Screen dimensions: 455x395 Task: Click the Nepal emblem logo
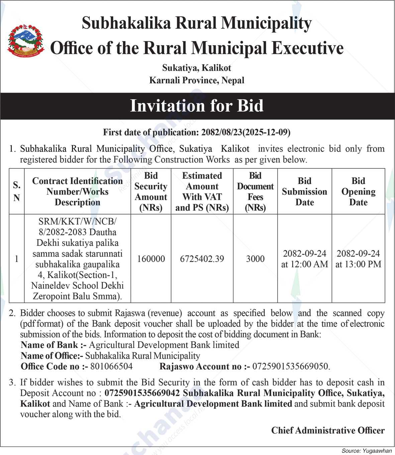26,41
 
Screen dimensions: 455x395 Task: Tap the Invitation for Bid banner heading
197,106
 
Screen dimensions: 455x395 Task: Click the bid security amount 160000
151,259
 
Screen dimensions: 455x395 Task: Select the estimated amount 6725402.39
202,259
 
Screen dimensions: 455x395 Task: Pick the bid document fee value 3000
255,259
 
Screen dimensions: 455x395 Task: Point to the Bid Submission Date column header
304,192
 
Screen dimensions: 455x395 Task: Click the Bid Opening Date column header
358,192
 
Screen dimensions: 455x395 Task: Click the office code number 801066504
111,366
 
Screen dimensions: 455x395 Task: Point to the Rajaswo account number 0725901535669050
291,366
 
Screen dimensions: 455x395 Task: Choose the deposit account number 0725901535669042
142,393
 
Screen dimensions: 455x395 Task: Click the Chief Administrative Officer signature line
328,430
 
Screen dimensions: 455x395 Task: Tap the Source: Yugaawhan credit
367,451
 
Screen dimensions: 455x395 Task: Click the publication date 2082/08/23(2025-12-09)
246,132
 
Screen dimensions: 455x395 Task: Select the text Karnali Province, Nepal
197,80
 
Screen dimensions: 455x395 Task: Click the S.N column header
17,191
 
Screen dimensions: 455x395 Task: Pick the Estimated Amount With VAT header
202,192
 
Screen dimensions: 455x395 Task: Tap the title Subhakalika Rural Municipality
197,23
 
